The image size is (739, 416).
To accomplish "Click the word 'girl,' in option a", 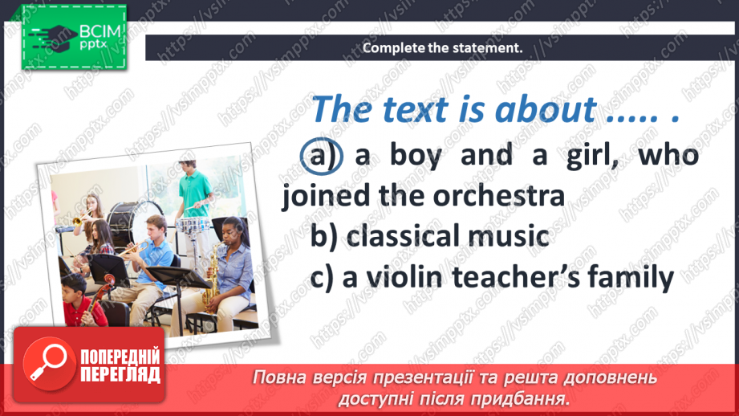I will (x=589, y=155).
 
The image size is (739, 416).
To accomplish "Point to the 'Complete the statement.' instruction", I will (x=442, y=48).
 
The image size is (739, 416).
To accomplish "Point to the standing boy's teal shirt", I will (x=195, y=192).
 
